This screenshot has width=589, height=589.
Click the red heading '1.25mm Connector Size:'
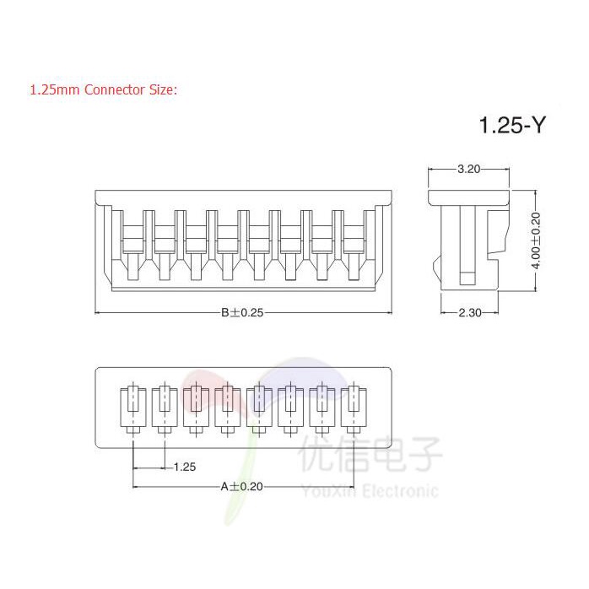pos(103,89)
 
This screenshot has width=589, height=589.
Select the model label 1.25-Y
pos(513,127)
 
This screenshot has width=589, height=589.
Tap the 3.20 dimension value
pos(468,169)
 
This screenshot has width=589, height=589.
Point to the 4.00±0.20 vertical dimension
pos(535,240)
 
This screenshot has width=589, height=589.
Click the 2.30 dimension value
pos(469,313)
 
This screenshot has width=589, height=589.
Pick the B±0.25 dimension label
pos(243,313)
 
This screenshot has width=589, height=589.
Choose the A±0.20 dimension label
pos(241,486)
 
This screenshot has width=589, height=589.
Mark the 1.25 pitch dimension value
pos(184,467)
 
